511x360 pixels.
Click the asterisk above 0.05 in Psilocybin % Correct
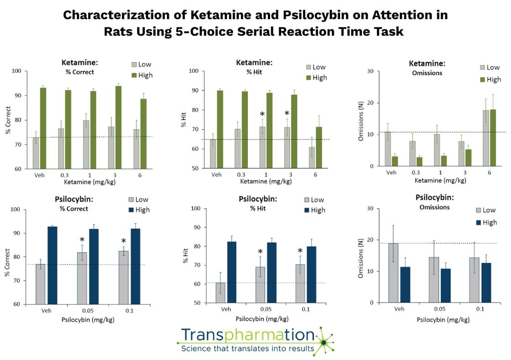[82, 240]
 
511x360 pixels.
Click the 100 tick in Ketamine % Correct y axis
[16, 71]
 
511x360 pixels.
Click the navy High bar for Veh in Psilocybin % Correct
[52, 265]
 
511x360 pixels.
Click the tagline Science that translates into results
[248, 350]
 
